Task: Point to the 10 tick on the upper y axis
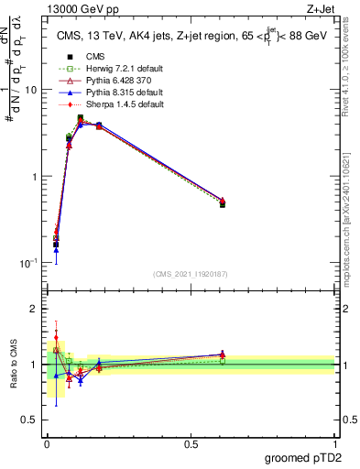coord(32,90)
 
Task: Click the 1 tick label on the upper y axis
coord(36,176)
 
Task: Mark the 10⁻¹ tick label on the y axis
coord(30,262)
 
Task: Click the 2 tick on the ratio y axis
coord(36,309)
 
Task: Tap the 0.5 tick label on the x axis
coord(191,442)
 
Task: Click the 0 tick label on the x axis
coord(47,442)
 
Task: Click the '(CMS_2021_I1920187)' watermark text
coord(191,273)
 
